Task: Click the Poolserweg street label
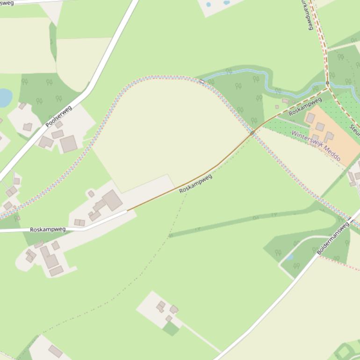point(59,117)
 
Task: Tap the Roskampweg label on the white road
point(48,230)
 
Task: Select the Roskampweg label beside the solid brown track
point(195,184)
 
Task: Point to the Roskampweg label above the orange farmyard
point(305,107)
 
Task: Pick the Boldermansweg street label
point(333,238)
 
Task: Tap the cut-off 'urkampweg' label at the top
point(307,14)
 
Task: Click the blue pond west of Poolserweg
point(4,98)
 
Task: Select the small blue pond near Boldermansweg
point(289,257)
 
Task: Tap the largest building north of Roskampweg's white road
point(112,200)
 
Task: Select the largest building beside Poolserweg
point(68,143)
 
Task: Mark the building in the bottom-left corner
point(55,351)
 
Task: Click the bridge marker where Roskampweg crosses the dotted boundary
point(252,133)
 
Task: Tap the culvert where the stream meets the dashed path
point(327,83)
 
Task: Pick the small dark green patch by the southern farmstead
point(171,329)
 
